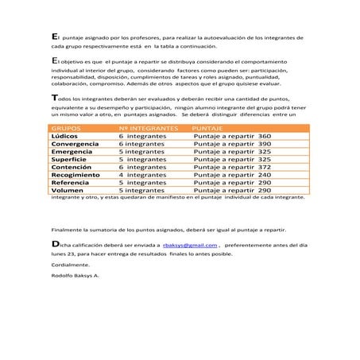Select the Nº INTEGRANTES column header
(147, 127)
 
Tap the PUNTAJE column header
(207, 127)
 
